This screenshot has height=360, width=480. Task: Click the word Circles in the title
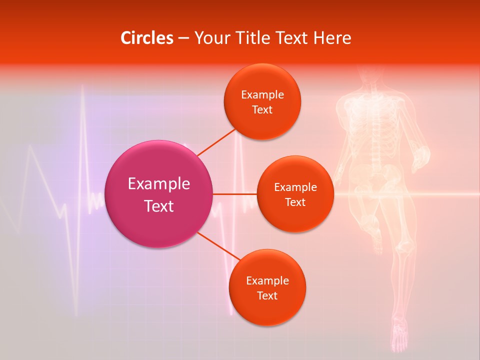[x=147, y=38]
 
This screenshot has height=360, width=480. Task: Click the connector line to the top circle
[x=216, y=142]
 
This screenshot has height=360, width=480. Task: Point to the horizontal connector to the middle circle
[x=234, y=194]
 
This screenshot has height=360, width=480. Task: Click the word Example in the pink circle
[x=159, y=184]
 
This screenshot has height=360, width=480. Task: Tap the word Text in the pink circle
[x=159, y=206]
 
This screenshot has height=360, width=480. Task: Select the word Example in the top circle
[x=262, y=94]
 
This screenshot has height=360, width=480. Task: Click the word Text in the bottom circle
[x=267, y=295]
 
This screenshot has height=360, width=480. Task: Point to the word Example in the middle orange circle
[x=295, y=187]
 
